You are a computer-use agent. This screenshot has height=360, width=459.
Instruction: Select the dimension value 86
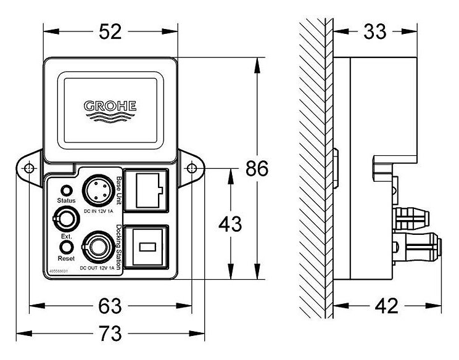[258, 168]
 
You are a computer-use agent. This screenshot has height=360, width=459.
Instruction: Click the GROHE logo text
[110, 105]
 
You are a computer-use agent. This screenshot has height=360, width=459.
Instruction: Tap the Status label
[66, 201]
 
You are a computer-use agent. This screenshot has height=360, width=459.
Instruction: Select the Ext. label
[65, 236]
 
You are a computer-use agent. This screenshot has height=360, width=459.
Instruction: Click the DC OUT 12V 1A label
[97, 268]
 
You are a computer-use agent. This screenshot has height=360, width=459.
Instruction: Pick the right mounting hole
[192, 168]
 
